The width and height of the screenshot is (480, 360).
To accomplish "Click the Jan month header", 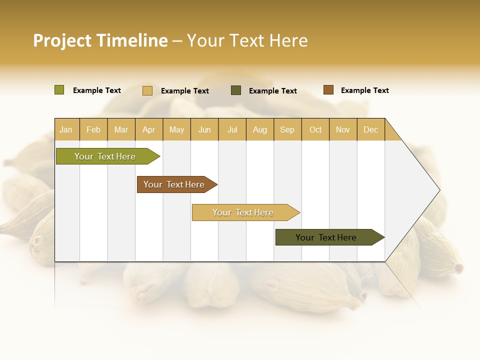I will pyautogui.click(x=66, y=129).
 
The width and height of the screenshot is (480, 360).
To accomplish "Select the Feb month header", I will pyautogui.click(x=93, y=129).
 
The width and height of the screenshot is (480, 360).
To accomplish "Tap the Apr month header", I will pyautogui.click(x=148, y=129).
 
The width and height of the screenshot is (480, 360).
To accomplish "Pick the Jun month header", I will pyautogui.click(x=204, y=129).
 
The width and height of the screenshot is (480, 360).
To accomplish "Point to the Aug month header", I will pyautogui.click(x=259, y=129).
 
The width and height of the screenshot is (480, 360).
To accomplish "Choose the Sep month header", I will pyautogui.click(x=287, y=129).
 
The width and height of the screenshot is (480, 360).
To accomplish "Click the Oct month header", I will pyautogui.click(x=315, y=129).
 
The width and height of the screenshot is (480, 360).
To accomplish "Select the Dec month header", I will pyautogui.click(x=370, y=129).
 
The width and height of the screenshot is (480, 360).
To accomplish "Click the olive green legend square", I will pyautogui.click(x=59, y=90).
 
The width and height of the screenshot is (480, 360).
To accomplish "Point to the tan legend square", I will pyautogui.click(x=147, y=90).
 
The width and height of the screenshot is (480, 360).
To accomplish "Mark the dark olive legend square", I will pyautogui.click(x=236, y=90).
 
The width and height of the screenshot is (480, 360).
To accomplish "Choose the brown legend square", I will pyautogui.click(x=328, y=90).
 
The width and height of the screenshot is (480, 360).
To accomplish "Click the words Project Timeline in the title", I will pyautogui.click(x=100, y=40).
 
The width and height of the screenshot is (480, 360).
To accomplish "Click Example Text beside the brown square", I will pyautogui.click(x=364, y=90).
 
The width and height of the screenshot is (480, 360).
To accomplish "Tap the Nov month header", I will pyautogui.click(x=342, y=129).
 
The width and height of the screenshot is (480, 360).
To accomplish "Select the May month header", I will pyautogui.click(x=176, y=129).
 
